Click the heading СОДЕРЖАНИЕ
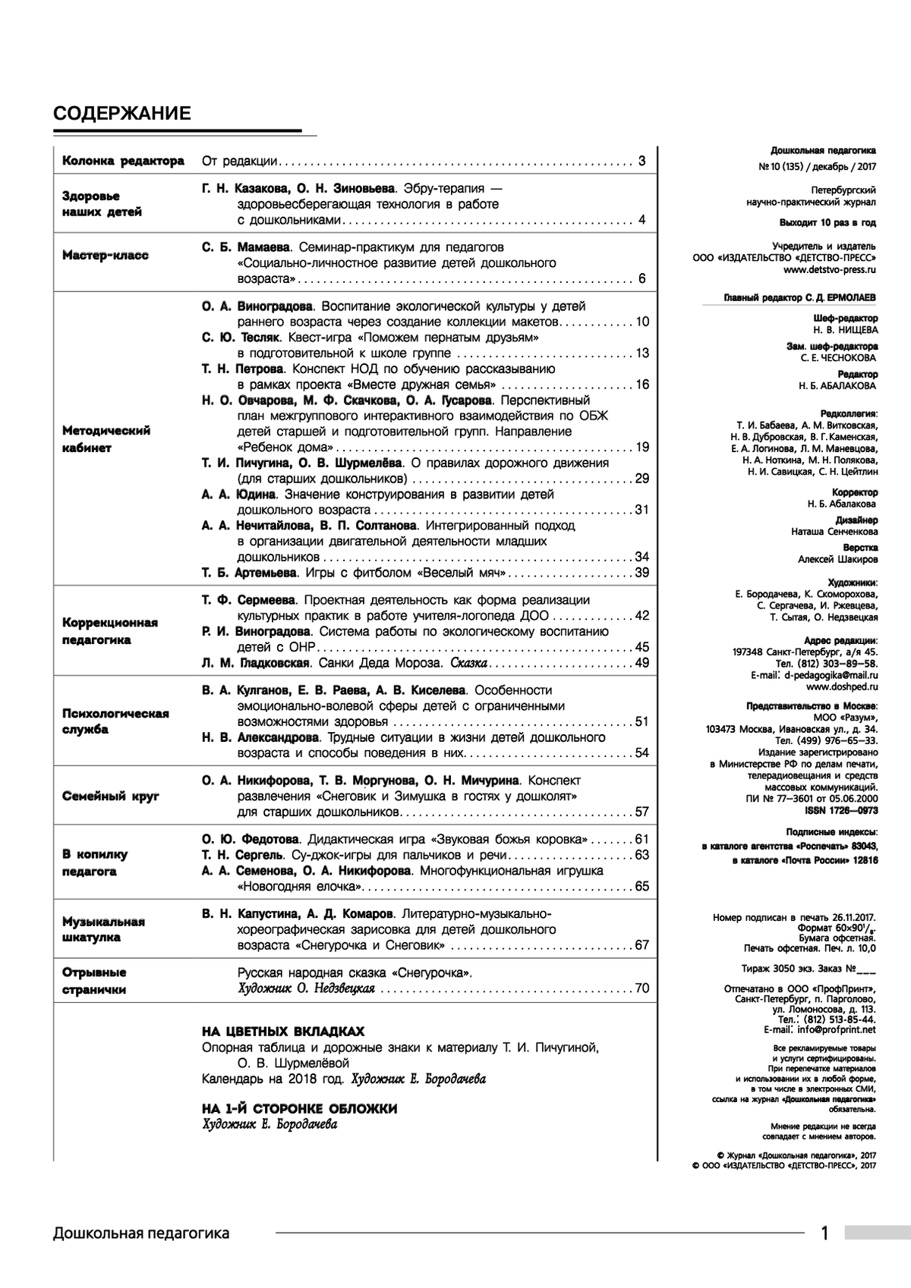(x=121, y=114)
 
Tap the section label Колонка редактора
(x=123, y=162)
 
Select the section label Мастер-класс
(x=105, y=256)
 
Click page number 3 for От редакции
(x=641, y=162)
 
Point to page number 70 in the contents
(x=642, y=988)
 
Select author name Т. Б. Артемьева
(x=248, y=573)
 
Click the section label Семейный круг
(x=110, y=796)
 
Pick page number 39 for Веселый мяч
(x=642, y=573)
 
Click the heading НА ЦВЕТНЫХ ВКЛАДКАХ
(x=282, y=1032)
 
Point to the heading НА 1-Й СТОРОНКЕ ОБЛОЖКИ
(x=299, y=1109)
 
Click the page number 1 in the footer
(x=825, y=1233)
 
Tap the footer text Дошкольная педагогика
(x=141, y=1233)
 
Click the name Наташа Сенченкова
(x=834, y=532)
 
